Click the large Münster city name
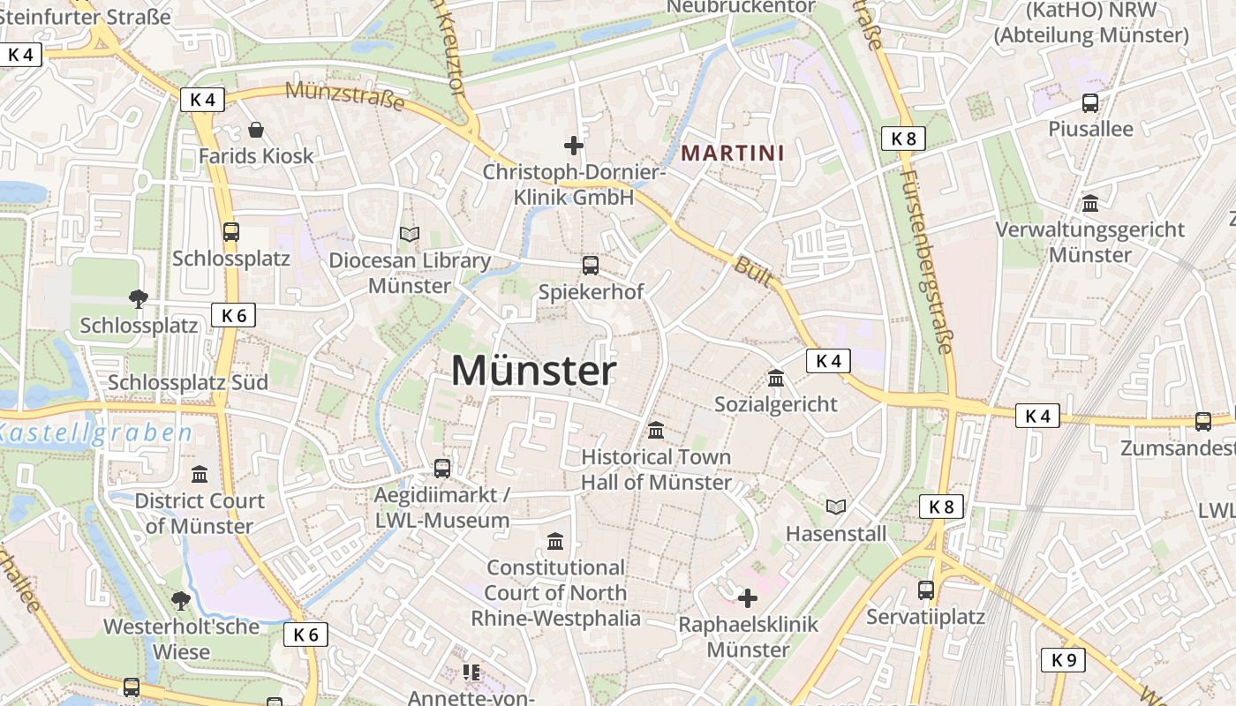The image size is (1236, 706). tap(533, 371)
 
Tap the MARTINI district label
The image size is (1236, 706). tap(732, 153)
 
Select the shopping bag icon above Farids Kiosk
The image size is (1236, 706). tap(256, 131)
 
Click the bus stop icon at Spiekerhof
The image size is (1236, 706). tap(591, 265)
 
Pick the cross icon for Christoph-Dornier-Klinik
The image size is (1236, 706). tap(574, 145)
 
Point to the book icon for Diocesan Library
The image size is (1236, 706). tap(409, 234)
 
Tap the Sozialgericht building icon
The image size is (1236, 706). tap(776, 378)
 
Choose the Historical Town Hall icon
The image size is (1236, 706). tap(656, 431)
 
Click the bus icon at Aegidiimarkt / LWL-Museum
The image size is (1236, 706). tap(442, 469)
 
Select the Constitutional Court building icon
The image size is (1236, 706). tap(555, 540)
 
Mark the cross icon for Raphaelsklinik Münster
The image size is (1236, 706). tap(748, 598)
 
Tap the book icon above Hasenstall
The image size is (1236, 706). tap(835, 507)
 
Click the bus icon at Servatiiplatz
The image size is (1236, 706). tap(926, 590)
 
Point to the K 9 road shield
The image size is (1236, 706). tap(1063, 659)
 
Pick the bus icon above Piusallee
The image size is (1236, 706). tap(1090, 102)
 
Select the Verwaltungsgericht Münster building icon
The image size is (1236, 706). tap(1090, 203)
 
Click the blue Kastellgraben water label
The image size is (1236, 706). tap(95, 433)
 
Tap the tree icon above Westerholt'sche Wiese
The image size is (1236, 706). tap(181, 601)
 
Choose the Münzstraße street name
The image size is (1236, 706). tap(345, 96)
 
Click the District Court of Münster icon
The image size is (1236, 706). tap(200, 474)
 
